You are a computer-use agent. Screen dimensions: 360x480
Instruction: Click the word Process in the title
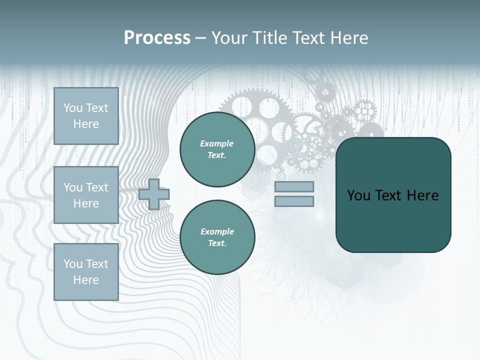pyautogui.click(x=157, y=38)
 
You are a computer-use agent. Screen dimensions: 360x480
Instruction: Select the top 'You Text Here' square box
pyautogui.click(x=86, y=116)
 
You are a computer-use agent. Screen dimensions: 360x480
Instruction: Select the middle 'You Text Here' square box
pyautogui.click(x=86, y=195)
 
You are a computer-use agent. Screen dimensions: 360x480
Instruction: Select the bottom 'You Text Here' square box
pyautogui.click(x=86, y=272)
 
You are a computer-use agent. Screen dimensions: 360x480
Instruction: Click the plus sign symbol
pyautogui.click(x=154, y=194)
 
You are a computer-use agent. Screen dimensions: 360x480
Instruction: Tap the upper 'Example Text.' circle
pyautogui.click(x=217, y=149)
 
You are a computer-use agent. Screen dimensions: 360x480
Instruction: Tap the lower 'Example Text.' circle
pyautogui.click(x=217, y=237)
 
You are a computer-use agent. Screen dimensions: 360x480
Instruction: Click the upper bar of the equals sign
pyautogui.click(x=294, y=187)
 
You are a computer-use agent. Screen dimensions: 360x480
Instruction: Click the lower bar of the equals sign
pyautogui.click(x=294, y=201)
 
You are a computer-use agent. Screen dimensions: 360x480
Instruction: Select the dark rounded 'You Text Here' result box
pyautogui.click(x=393, y=195)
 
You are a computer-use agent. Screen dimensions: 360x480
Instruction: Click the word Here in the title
pyautogui.click(x=349, y=38)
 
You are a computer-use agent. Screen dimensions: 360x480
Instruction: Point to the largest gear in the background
pyautogui.click(x=250, y=120)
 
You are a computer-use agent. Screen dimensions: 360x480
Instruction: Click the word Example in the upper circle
pyautogui.click(x=217, y=143)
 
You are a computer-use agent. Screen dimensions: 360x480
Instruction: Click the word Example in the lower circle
pyautogui.click(x=217, y=231)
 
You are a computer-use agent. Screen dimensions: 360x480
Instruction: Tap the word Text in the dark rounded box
pyautogui.click(x=388, y=195)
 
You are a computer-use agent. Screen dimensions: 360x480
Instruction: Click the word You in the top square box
pyautogui.click(x=73, y=108)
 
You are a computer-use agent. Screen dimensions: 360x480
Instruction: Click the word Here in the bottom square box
pyautogui.click(x=86, y=280)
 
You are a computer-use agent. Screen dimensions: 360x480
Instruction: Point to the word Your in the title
pyautogui.click(x=230, y=38)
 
